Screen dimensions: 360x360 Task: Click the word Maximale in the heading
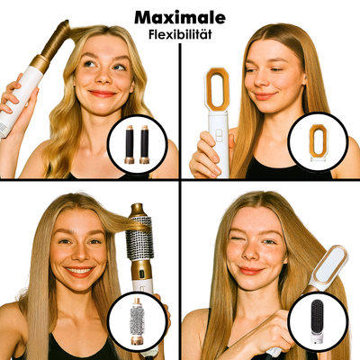(x=180, y=17)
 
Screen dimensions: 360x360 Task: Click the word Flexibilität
(x=180, y=35)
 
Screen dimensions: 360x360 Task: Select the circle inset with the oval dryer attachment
(x=317, y=144)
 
